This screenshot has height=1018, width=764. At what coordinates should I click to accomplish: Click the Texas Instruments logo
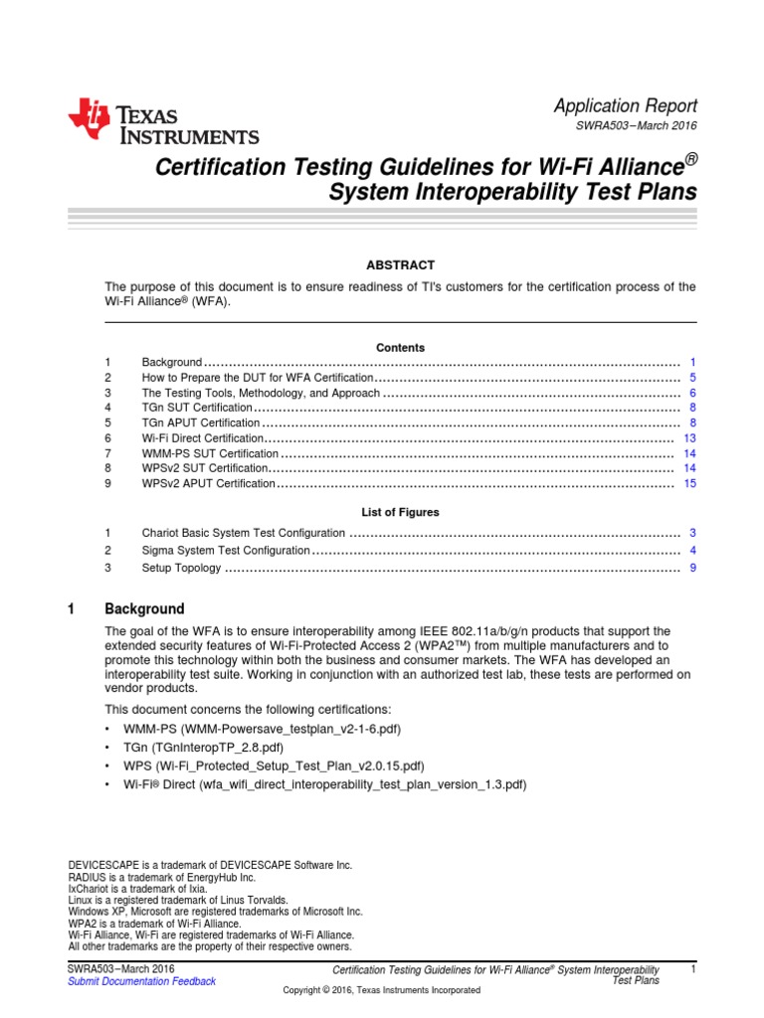pos(163,123)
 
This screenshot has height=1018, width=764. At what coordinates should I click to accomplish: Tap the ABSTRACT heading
pos(400,264)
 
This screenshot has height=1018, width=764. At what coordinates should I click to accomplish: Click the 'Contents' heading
pos(400,348)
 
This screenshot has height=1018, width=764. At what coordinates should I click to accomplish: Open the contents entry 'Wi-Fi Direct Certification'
pos(203,438)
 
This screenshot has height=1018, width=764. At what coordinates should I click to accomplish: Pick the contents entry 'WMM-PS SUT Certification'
pos(210,453)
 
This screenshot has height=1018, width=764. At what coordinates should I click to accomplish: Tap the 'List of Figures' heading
pos(400,512)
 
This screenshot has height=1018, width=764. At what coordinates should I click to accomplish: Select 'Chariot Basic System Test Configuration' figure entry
pos(244,533)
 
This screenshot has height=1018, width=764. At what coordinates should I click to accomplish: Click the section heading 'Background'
pos(145,608)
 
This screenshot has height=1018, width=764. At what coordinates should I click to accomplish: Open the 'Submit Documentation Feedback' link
pos(141,981)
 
